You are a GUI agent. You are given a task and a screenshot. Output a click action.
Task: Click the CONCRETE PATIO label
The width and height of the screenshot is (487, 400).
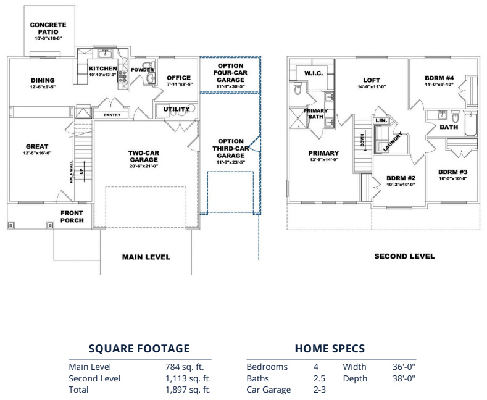coord(48,28)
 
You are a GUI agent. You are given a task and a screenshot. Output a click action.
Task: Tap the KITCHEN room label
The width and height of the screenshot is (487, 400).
coord(102,69)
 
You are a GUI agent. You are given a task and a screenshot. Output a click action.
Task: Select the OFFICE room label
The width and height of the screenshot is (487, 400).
coord(179,78)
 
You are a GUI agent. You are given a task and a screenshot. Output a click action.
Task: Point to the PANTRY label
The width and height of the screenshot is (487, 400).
coord(112,115)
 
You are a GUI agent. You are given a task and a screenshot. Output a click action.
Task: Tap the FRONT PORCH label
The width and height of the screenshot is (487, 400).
coord(72,217)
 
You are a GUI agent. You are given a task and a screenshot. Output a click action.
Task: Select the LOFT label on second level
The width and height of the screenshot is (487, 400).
coord(372,80)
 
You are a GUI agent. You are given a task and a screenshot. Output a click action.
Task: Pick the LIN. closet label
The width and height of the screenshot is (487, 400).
coord(381,120)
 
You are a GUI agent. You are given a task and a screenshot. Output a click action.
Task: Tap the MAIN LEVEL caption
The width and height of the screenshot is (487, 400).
coord(146,257)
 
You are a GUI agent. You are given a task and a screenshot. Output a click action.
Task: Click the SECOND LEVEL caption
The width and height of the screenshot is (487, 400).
coord(404,256)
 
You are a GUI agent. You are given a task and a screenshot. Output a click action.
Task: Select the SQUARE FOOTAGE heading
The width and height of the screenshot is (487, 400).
coord(139,349)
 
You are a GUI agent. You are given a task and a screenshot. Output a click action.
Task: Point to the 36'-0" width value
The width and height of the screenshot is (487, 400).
coord(404,367)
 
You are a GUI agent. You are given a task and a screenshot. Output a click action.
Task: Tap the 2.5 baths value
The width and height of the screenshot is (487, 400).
coord(316,378)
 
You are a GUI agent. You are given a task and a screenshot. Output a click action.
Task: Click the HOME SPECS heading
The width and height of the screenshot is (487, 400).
coord(330,349)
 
